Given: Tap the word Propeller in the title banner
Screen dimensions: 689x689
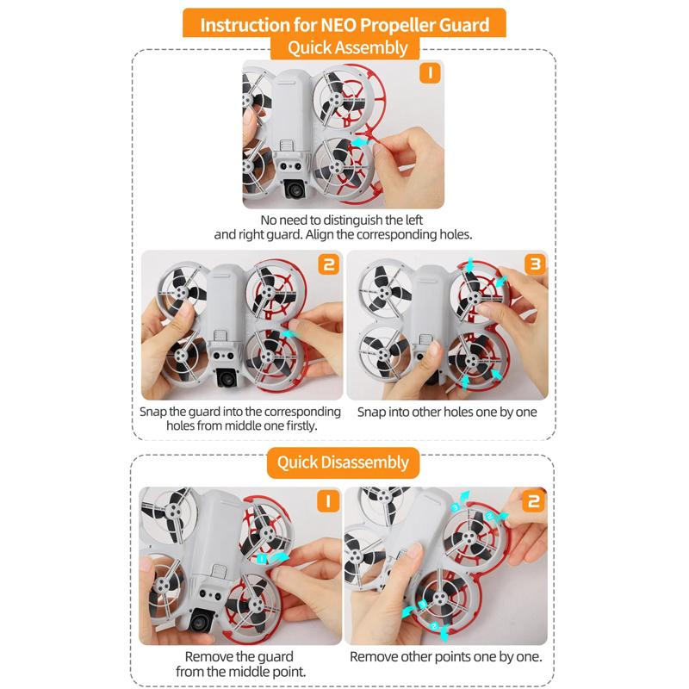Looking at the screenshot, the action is [397, 26].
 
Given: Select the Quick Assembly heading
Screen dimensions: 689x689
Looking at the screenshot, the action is [348, 48].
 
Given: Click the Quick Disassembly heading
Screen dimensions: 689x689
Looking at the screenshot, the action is [343, 462].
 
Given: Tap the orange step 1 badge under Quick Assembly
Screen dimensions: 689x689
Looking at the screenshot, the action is [430, 73].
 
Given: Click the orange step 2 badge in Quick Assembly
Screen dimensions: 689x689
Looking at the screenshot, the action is [329, 264].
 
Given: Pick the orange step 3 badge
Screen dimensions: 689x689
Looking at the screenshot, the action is [535, 264].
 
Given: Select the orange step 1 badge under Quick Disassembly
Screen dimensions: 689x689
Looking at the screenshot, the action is [328, 501].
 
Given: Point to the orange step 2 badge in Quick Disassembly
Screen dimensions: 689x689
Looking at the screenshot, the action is [533, 501].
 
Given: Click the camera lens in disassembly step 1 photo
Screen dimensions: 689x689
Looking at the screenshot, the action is [200, 622].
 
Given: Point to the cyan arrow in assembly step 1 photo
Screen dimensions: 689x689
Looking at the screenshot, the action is [360, 142].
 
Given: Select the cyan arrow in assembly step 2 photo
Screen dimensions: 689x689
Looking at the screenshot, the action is [289, 334].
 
